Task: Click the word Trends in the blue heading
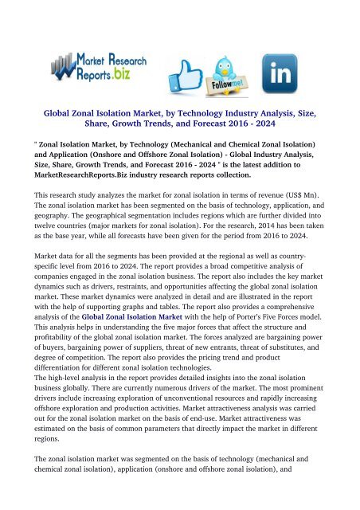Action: [172, 124]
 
